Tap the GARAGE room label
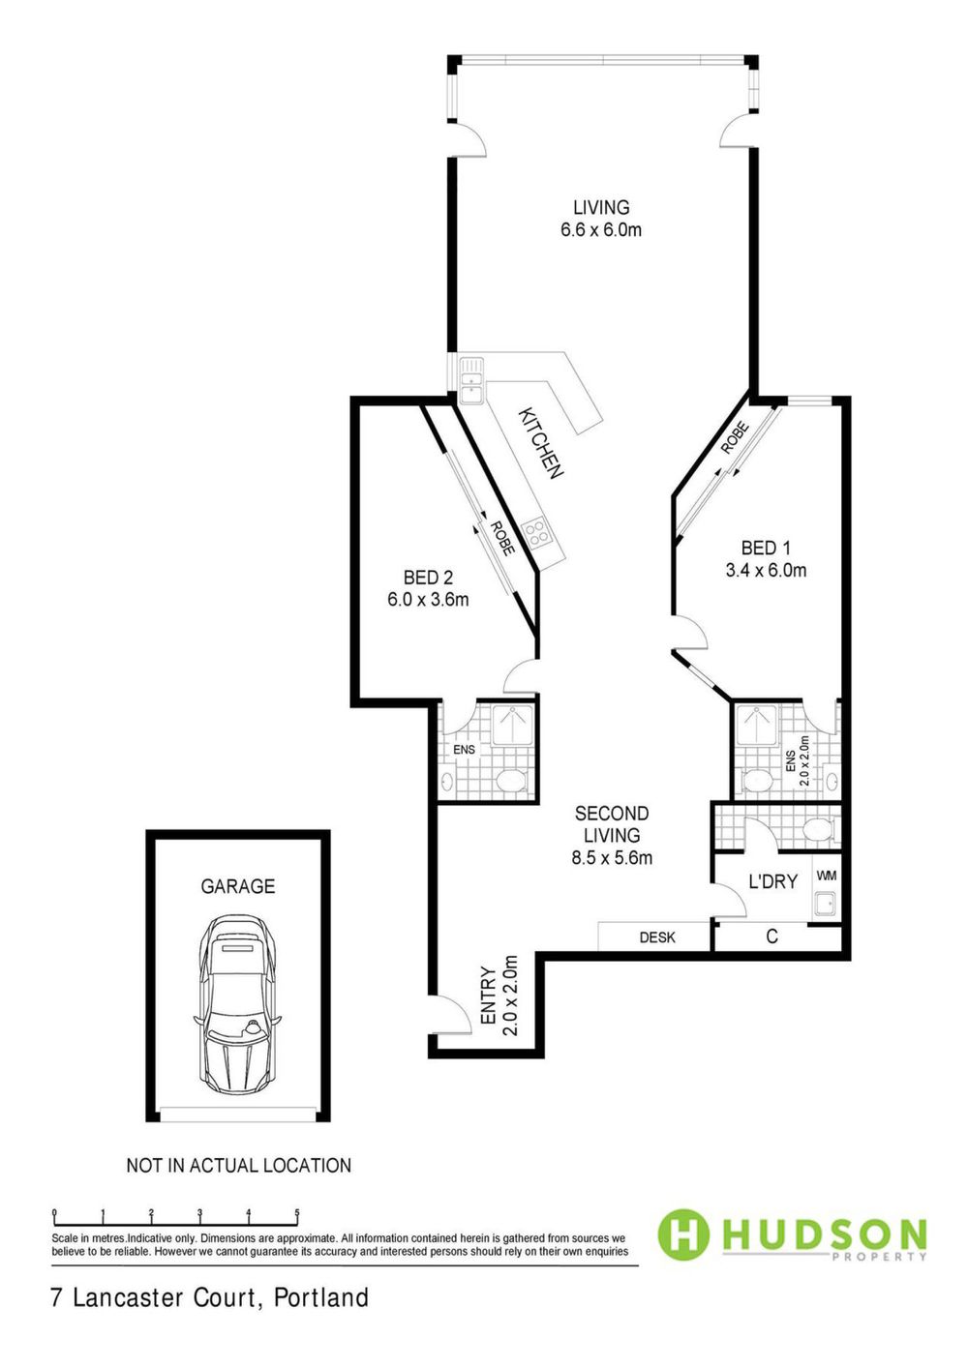pyautogui.click(x=238, y=886)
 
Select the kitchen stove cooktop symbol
pyautogui.click(x=536, y=532)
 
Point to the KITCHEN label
pyautogui.click(x=540, y=443)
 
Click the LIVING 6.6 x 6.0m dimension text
pyautogui.click(x=601, y=230)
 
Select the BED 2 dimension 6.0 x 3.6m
pyautogui.click(x=428, y=600)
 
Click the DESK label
pyautogui.click(x=657, y=937)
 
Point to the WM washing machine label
pyautogui.click(x=827, y=876)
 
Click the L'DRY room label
pyautogui.click(x=773, y=881)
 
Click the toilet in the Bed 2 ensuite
pyautogui.click(x=511, y=781)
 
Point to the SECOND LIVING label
pyautogui.click(x=612, y=824)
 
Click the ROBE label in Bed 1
pyautogui.click(x=734, y=438)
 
